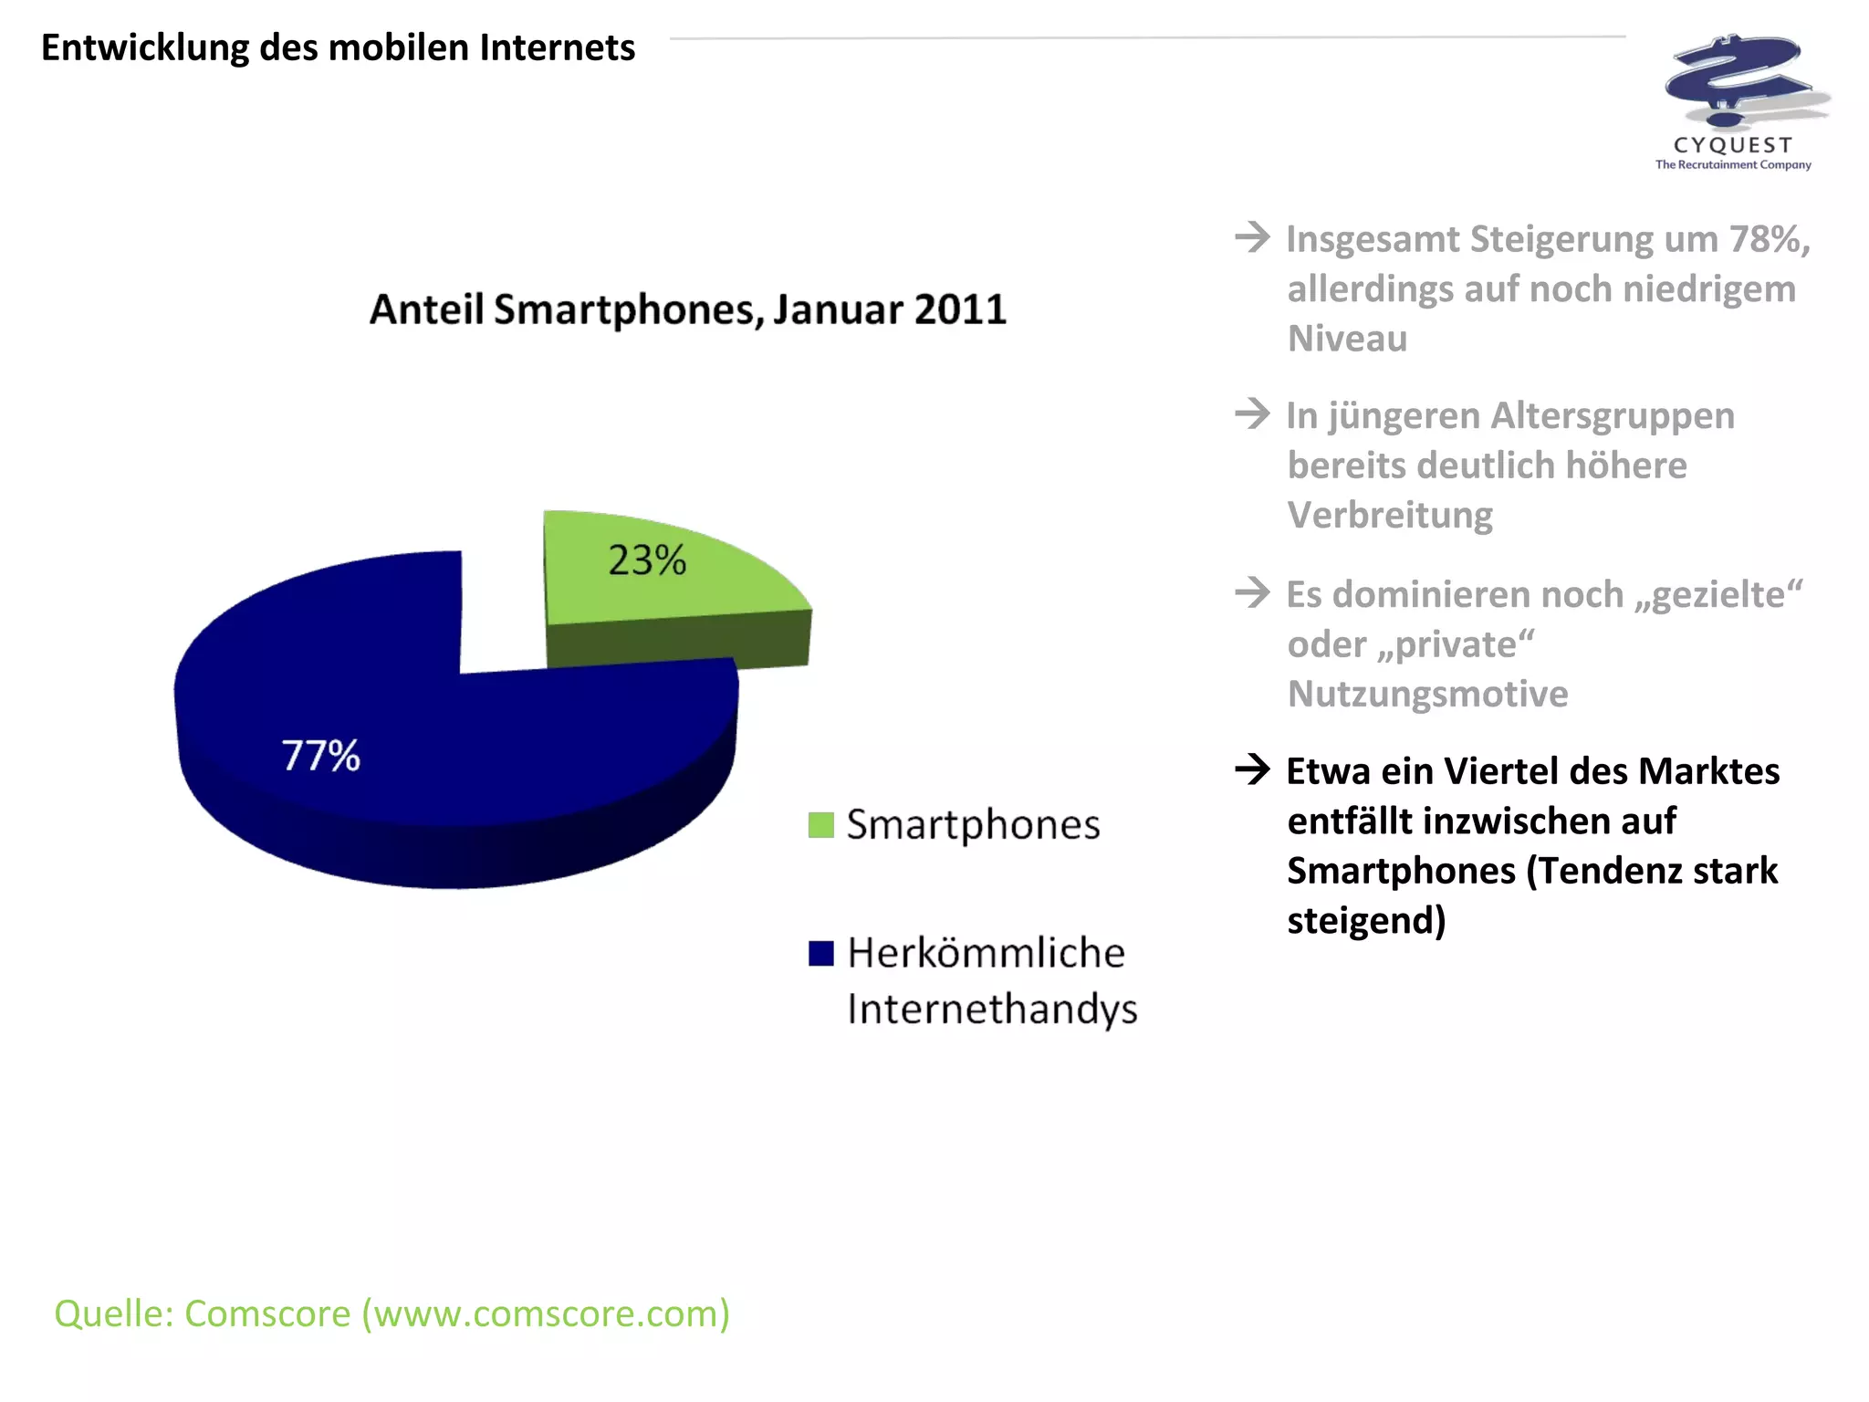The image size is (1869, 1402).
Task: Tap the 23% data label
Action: [647, 560]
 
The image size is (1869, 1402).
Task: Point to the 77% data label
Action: [320, 756]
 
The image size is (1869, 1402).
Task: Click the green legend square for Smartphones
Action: [821, 825]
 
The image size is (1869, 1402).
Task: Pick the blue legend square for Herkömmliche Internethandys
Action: [821, 954]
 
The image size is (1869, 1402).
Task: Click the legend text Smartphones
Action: [973, 825]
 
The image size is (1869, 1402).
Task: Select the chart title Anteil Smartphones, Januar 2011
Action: [688, 309]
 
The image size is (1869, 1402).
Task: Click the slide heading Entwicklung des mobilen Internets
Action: [338, 47]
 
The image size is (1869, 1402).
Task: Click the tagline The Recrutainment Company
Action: [1733, 165]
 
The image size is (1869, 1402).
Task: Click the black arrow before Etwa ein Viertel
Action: [1253, 769]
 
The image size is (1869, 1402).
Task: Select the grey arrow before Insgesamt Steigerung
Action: [1253, 237]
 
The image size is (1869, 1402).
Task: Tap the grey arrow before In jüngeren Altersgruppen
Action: [1253, 414]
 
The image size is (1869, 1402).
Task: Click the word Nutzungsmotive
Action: [1427, 695]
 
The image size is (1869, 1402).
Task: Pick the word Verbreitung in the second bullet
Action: [1390, 516]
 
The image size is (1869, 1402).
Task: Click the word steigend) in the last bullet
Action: [1366, 921]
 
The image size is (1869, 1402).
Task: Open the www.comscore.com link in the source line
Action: [546, 1314]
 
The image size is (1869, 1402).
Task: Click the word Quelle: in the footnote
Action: [114, 1314]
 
